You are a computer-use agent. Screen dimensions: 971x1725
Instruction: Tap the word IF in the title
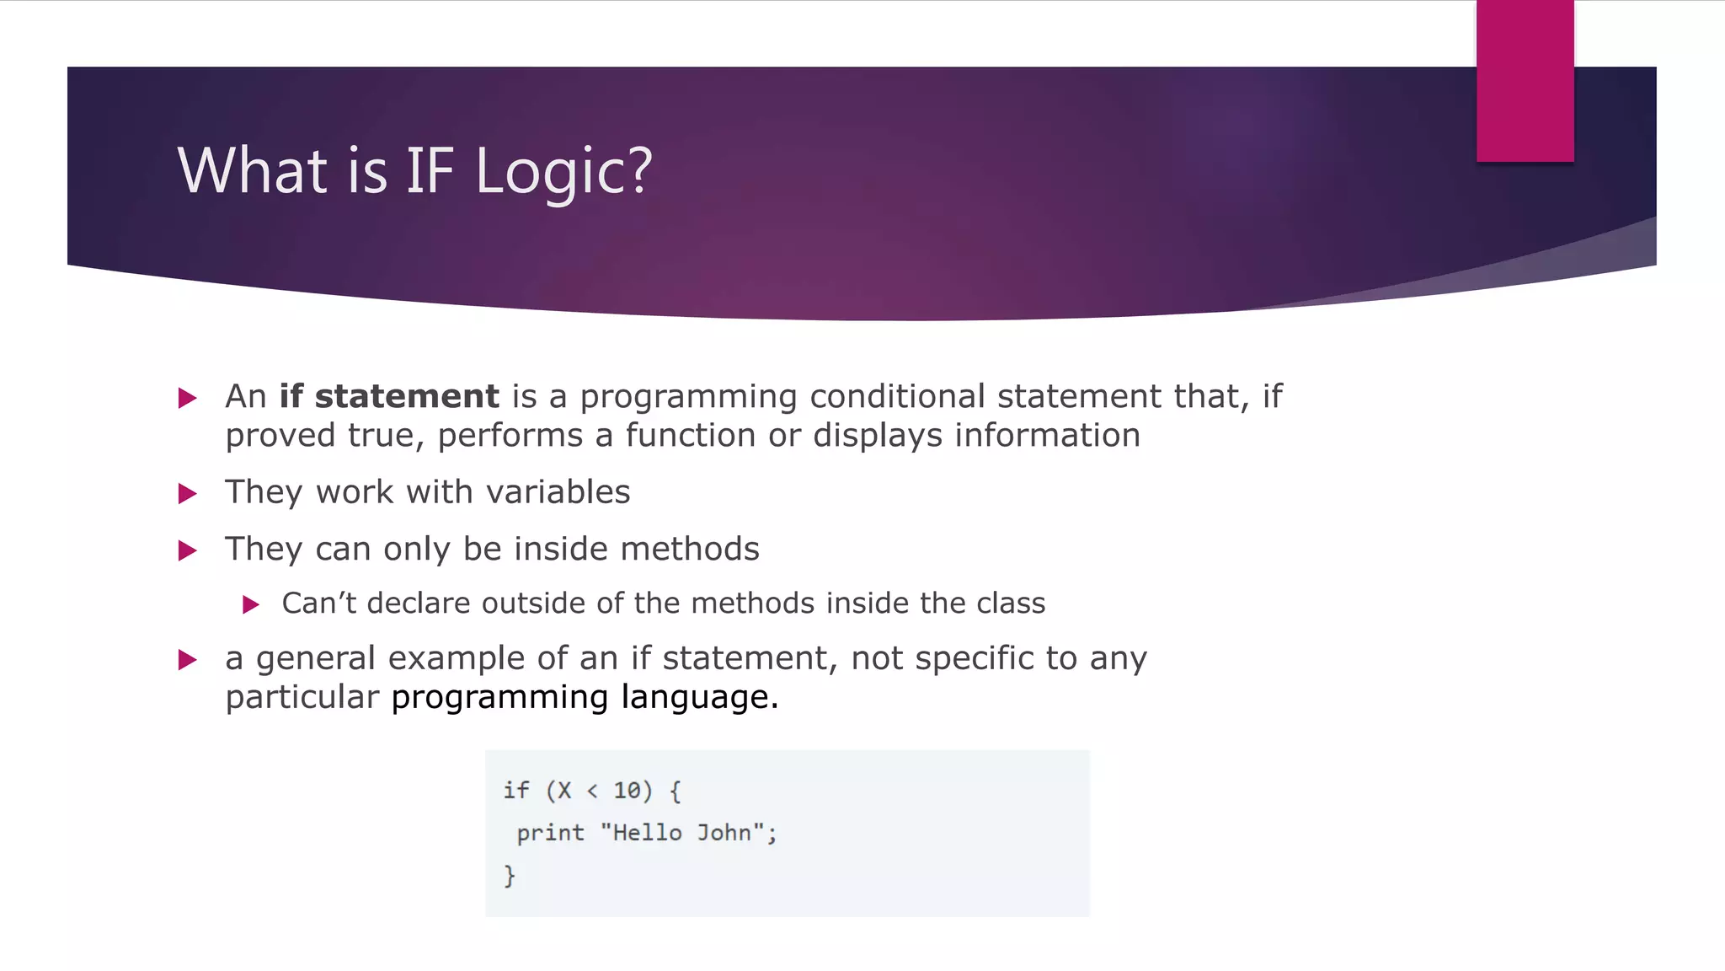(x=430, y=171)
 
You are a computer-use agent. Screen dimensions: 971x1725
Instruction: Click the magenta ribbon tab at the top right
(x=1525, y=82)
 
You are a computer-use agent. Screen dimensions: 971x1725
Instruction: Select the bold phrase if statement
(x=389, y=396)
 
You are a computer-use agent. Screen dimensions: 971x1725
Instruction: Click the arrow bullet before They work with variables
(x=188, y=494)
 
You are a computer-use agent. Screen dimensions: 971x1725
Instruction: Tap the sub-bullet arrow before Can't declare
(x=251, y=604)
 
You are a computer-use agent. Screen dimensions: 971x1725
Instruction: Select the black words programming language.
(x=585, y=698)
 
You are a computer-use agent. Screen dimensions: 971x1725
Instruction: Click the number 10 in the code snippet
(x=627, y=791)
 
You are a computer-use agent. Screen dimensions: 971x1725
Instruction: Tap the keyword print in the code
(x=550, y=833)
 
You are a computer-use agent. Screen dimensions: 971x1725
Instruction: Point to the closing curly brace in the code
(x=509, y=875)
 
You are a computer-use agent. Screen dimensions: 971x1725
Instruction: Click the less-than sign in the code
(x=592, y=791)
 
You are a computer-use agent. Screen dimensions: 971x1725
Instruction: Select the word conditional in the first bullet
(x=897, y=396)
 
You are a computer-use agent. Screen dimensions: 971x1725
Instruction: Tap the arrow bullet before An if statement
(x=188, y=398)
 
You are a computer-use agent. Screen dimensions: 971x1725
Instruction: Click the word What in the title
(x=252, y=171)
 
